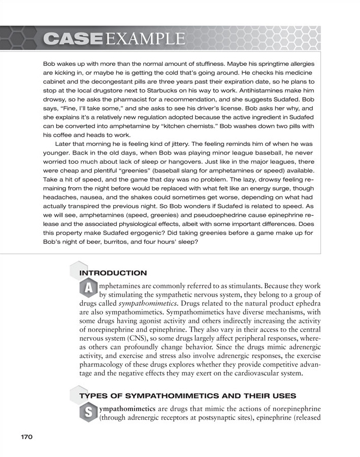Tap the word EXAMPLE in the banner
tap(145, 38)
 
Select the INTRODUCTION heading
tap(113, 273)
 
